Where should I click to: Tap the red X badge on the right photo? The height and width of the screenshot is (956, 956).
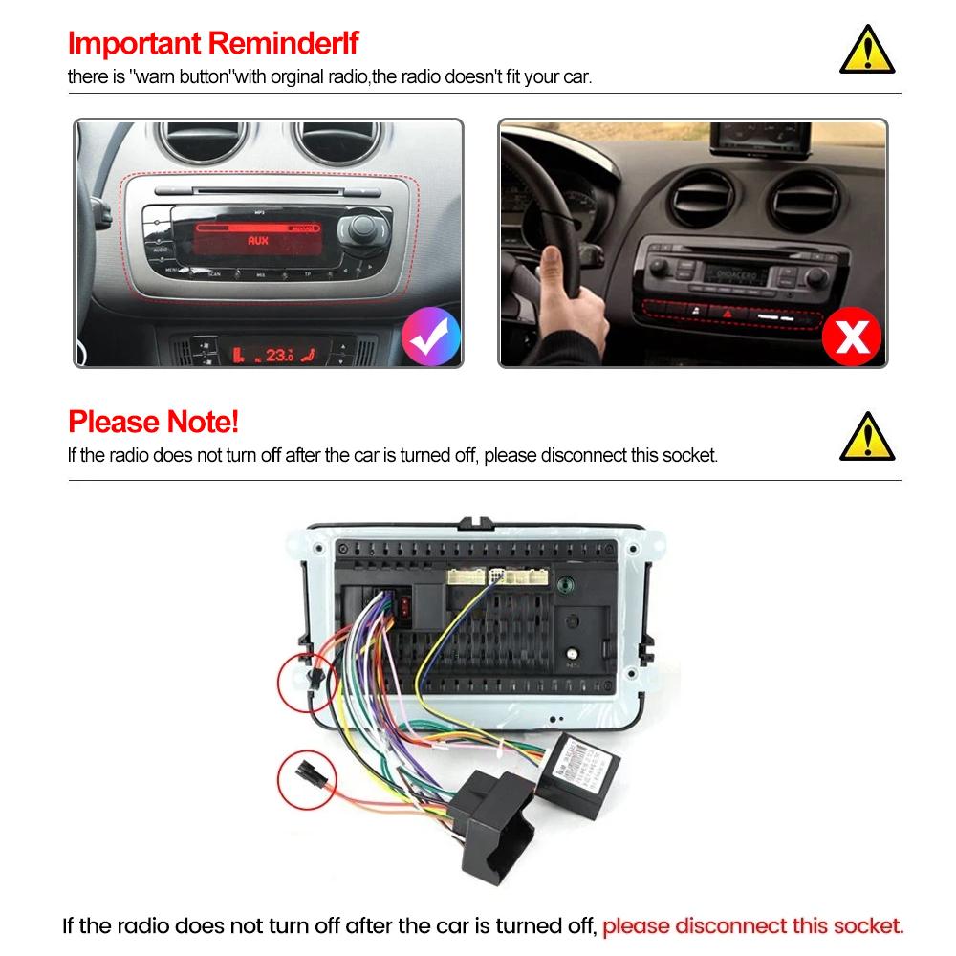852,337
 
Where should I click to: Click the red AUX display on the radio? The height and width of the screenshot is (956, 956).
258,240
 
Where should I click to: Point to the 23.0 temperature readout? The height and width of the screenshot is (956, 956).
277,355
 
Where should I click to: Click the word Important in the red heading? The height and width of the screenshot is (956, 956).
135,43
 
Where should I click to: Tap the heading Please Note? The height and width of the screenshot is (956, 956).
153,421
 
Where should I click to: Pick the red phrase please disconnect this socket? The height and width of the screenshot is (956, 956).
752,925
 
